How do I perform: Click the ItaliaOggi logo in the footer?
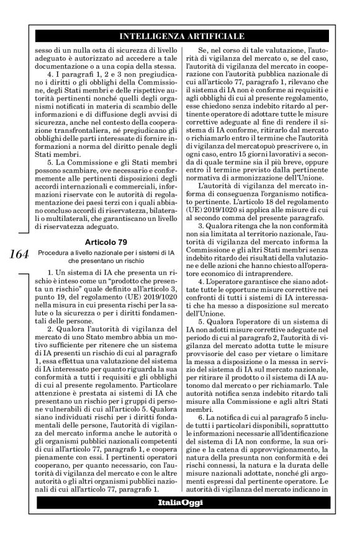pyautogui.click(x=179, y=501)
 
